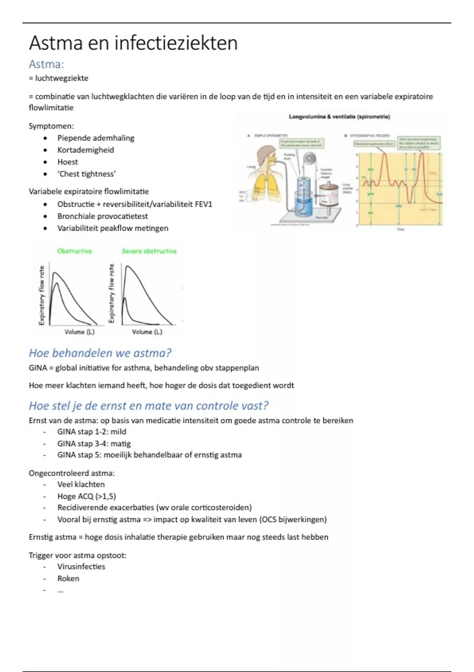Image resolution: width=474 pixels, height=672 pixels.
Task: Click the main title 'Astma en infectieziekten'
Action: click(x=133, y=43)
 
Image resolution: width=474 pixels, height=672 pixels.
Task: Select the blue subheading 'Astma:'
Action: click(x=46, y=64)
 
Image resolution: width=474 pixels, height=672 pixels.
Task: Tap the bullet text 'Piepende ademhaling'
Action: click(x=96, y=138)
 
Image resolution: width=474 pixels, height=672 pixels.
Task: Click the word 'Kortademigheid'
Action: click(x=85, y=150)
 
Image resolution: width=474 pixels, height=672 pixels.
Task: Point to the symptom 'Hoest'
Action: click(x=68, y=162)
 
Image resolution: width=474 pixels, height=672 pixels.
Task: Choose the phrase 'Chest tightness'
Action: click(x=87, y=174)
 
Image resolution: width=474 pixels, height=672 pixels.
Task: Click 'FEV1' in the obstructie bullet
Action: click(x=203, y=204)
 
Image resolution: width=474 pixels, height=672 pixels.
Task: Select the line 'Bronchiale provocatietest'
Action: click(x=102, y=216)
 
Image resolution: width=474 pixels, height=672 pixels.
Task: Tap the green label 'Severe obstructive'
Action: click(x=149, y=251)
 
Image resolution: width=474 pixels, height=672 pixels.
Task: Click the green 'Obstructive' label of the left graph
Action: click(x=74, y=251)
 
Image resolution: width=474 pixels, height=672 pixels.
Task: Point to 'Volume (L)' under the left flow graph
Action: click(x=79, y=332)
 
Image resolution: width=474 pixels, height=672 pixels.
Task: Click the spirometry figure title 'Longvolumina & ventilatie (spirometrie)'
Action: click(x=339, y=117)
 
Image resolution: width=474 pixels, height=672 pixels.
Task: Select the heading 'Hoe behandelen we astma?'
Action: click(x=100, y=353)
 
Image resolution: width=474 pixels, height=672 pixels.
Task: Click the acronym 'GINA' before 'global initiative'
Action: click(x=38, y=368)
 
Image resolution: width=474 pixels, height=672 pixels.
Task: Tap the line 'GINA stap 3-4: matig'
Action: click(x=94, y=444)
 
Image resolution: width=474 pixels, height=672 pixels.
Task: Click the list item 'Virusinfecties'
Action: click(x=81, y=566)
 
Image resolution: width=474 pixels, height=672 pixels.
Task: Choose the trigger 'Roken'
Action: click(x=68, y=578)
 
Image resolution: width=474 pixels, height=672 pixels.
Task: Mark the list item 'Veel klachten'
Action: click(x=81, y=484)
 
